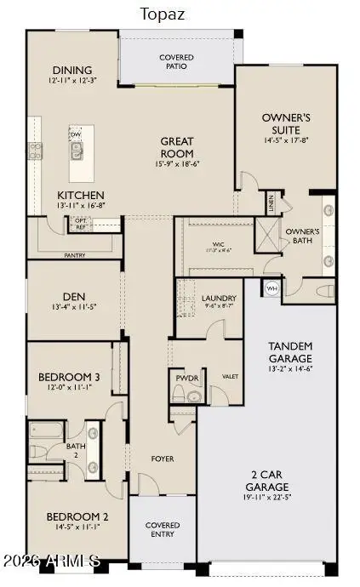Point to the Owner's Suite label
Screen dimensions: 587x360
coord(286,123)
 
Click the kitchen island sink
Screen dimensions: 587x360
coord(77,151)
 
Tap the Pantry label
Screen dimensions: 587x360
coord(76,254)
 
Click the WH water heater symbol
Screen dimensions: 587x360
coord(272,288)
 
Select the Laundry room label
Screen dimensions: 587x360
coord(219,299)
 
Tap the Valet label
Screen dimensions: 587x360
coord(230,375)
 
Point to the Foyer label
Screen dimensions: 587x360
coord(163,459)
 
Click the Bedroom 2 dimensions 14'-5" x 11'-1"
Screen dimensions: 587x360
coord(77,527)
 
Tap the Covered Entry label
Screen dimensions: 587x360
coord(163,530)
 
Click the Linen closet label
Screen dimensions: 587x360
coord(271,203)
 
